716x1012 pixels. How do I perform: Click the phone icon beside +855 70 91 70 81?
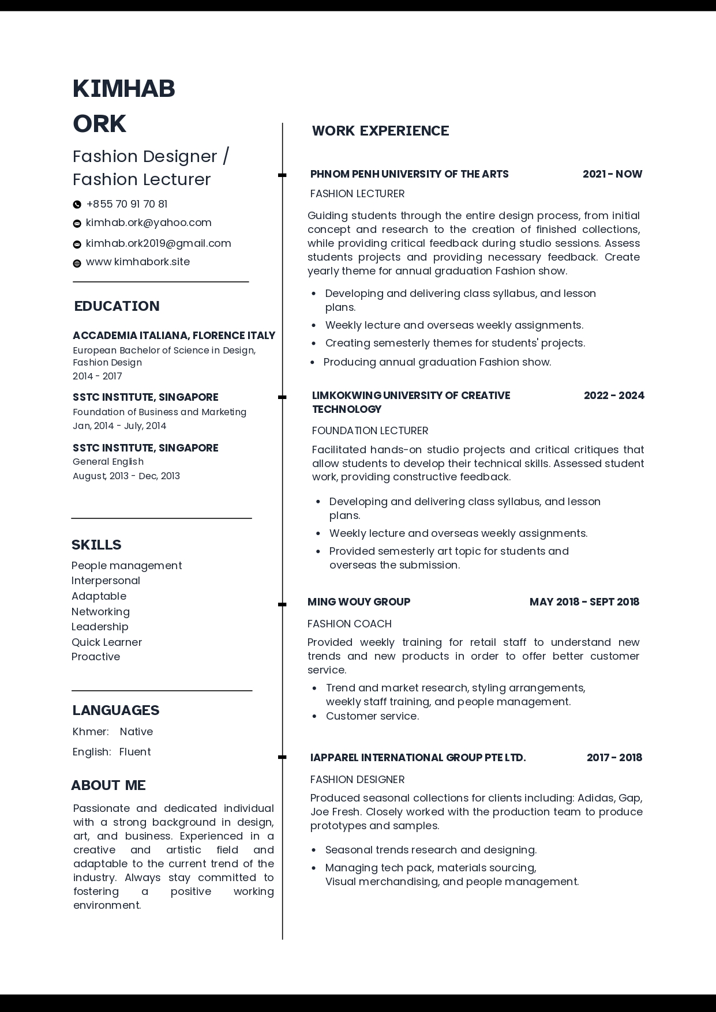pyautogui.click(x=77, y=204)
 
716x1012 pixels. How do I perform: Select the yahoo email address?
pyautogui.click(x=148, y=223)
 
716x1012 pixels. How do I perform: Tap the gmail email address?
pyautogui.click(x=158, y=243)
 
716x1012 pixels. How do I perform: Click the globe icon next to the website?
pyautogui.click(x=77, y=264)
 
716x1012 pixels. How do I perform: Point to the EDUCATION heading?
pyautogui.click(x=117, y=306)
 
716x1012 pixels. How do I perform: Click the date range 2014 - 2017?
pyautogui.click(x=97, y=376)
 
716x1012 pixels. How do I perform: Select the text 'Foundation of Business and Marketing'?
pyautogui.click(x=159, y=412)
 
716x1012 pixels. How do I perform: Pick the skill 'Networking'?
pyautogui.click(x=100, y=611)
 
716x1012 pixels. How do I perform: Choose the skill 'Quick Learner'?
pyautogui.click(x=106, y=642)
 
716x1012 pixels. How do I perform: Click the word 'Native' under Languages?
pyautogui.click(x=136, y=731)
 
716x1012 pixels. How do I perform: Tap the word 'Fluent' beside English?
pyautogui.click(x=135, y=751)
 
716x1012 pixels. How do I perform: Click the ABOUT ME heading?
pyautogui.click(x=108, y=785)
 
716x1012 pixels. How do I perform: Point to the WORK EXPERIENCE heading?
pyautogui.click(x=380, y=131)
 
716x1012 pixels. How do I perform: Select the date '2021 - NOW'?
pyautogui.click(x=612, y=174)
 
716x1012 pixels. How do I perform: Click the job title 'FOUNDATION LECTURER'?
pyautogui.click(x=370, y=431)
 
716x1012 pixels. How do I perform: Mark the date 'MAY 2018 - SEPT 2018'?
pyautogui.click(x=584, y=602)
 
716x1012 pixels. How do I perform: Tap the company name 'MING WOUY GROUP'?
pyautogui.click(x=359, y=602)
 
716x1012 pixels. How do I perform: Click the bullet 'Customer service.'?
pyautogui.click(x=372, y=716)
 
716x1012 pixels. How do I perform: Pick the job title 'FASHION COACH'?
pyautogui.click(x=349, y=623)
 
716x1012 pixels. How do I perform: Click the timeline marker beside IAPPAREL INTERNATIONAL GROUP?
pyautogui.click(x=282, y=757)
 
